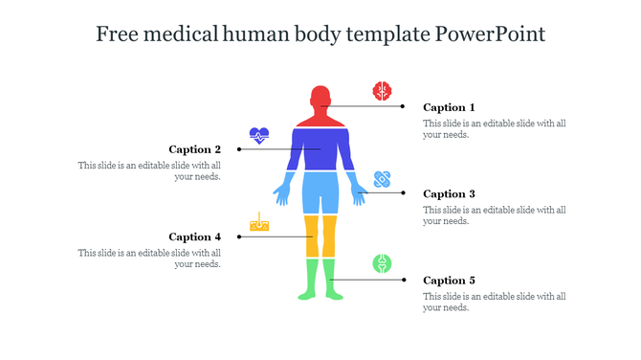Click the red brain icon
click(x=382, y=91)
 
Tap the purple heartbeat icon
click(x=259, y=135)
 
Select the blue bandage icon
click(x=383, y=179)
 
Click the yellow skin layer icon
click(x=259, y=222)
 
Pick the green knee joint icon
click(x=382, y=264)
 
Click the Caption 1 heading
click(x=449, y=107)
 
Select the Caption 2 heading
click(x=195, y=149)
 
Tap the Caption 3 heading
click(x=449, y=193)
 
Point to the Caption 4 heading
click(x=195, y=236)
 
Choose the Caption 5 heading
click(x=449, y=281)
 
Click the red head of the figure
click(x=320, y=99)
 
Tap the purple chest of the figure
click(x=320, y=148)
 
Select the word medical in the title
click(x=181, y=34)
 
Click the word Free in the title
click(x=117, y=34)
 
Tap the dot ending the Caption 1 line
click(x=403, y=106)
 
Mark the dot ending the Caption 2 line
click(x=239, y=149)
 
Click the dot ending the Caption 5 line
click(x=403, y=280)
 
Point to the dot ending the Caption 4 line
click(x=239, y=236)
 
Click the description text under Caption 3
click(x=495, y=215)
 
